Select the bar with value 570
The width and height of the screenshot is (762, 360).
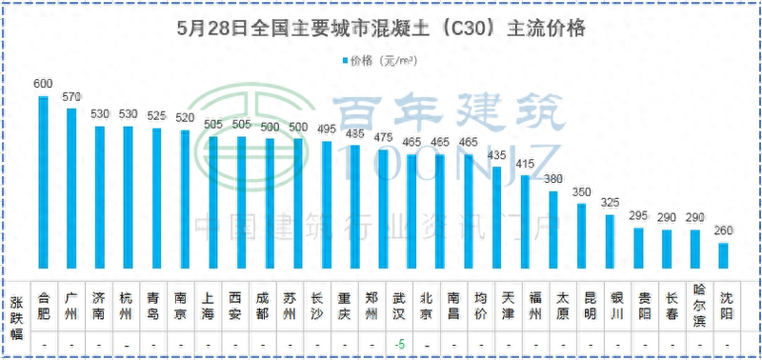pyautogui.click(x=71, y=190)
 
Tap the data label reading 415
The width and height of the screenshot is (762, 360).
pyautogui.click(x=524, y=165)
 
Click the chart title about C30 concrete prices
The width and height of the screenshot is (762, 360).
pyautogui.click(x=381, y=29)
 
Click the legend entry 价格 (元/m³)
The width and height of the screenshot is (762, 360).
pyautogui.click(x=381, y=61)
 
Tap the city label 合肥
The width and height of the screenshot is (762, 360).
pyautogui.click(x=43, y=302)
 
